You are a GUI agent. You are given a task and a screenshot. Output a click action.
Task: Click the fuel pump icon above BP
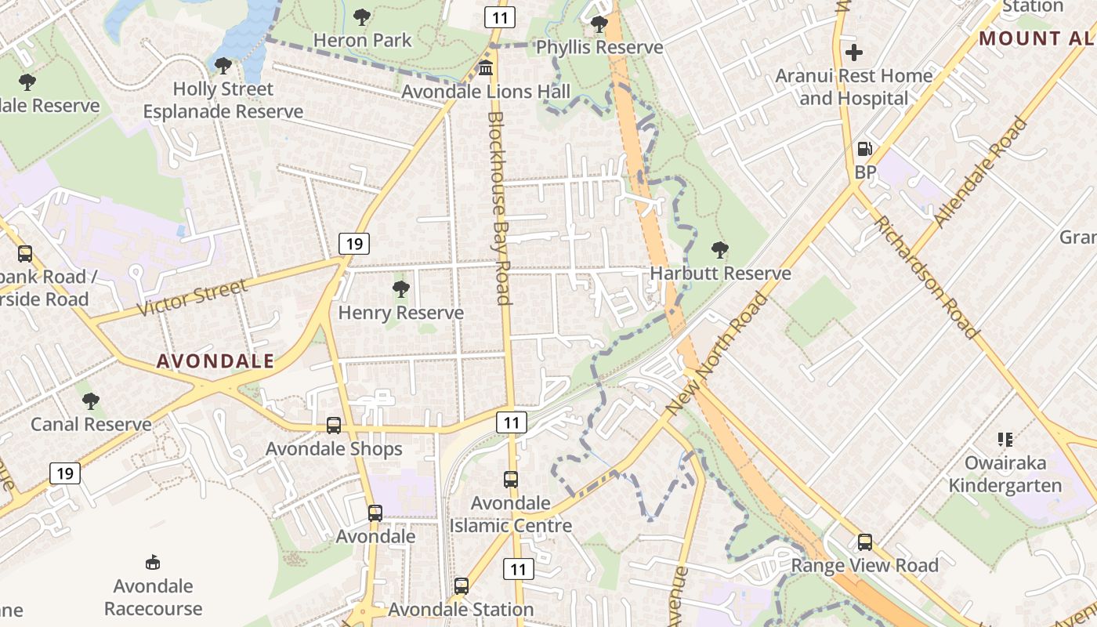click(865, 149)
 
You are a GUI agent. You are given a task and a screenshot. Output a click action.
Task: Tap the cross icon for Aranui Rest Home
click(854, 53)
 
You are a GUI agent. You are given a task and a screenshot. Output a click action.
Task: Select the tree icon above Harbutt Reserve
click(719, 250)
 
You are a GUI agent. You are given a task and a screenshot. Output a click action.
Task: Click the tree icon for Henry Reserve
click(401, 289)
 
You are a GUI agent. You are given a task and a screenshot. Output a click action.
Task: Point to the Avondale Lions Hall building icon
click(486, 68)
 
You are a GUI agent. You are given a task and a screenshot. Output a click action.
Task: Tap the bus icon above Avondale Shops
click(334, 426)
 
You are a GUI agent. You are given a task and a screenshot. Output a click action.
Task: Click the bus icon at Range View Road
click(865, 542)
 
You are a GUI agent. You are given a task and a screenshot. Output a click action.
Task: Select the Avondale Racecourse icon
click(154, 563)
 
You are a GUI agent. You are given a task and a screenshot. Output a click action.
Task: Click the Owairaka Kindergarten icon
click(1005, 440)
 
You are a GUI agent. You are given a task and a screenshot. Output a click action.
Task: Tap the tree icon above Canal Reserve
click(91, 401)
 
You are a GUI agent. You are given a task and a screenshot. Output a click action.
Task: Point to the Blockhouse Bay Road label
click(499, 208)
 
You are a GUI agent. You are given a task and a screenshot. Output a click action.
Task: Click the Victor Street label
click(192, 298)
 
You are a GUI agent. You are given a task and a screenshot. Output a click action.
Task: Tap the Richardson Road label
click(927, 277)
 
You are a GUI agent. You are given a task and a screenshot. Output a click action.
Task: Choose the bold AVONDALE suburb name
click(215, 361)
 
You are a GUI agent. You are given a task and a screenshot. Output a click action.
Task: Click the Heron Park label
click(362, 40)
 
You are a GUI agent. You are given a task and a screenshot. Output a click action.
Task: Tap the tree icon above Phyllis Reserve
click(599, 24)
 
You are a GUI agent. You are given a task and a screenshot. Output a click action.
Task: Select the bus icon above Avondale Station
click(462, 586)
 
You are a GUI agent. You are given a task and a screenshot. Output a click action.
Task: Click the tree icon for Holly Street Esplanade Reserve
click(223, 66)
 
